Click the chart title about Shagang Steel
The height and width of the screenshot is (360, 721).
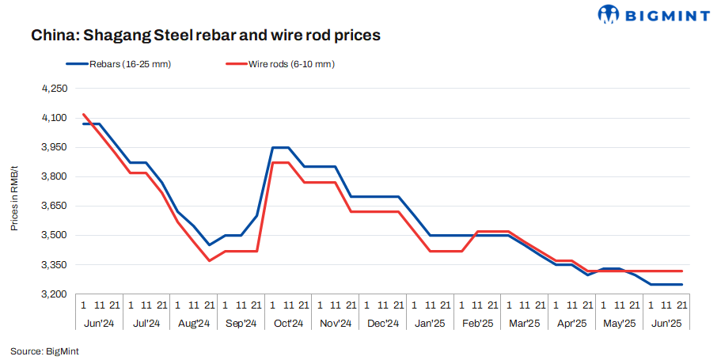click(x=206, y=36)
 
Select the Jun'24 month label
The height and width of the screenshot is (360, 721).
click(x=99, y=323)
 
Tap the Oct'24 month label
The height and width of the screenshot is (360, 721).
click(x=288, y=323)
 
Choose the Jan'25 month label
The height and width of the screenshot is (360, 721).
click(x=430, y=323)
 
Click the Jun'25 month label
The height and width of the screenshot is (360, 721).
click(x=666, y=323)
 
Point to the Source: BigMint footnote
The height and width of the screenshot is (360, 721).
click(x=45, y=350)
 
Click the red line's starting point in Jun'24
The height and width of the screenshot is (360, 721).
click(x=83, y=114)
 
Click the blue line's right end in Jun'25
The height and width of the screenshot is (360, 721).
click(x=681, y=284)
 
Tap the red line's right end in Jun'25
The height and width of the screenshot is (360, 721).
click(x=681, y=271)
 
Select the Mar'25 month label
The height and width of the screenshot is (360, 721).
click(x=524, y=323)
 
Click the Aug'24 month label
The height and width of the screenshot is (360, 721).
click(x=193, y=323)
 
